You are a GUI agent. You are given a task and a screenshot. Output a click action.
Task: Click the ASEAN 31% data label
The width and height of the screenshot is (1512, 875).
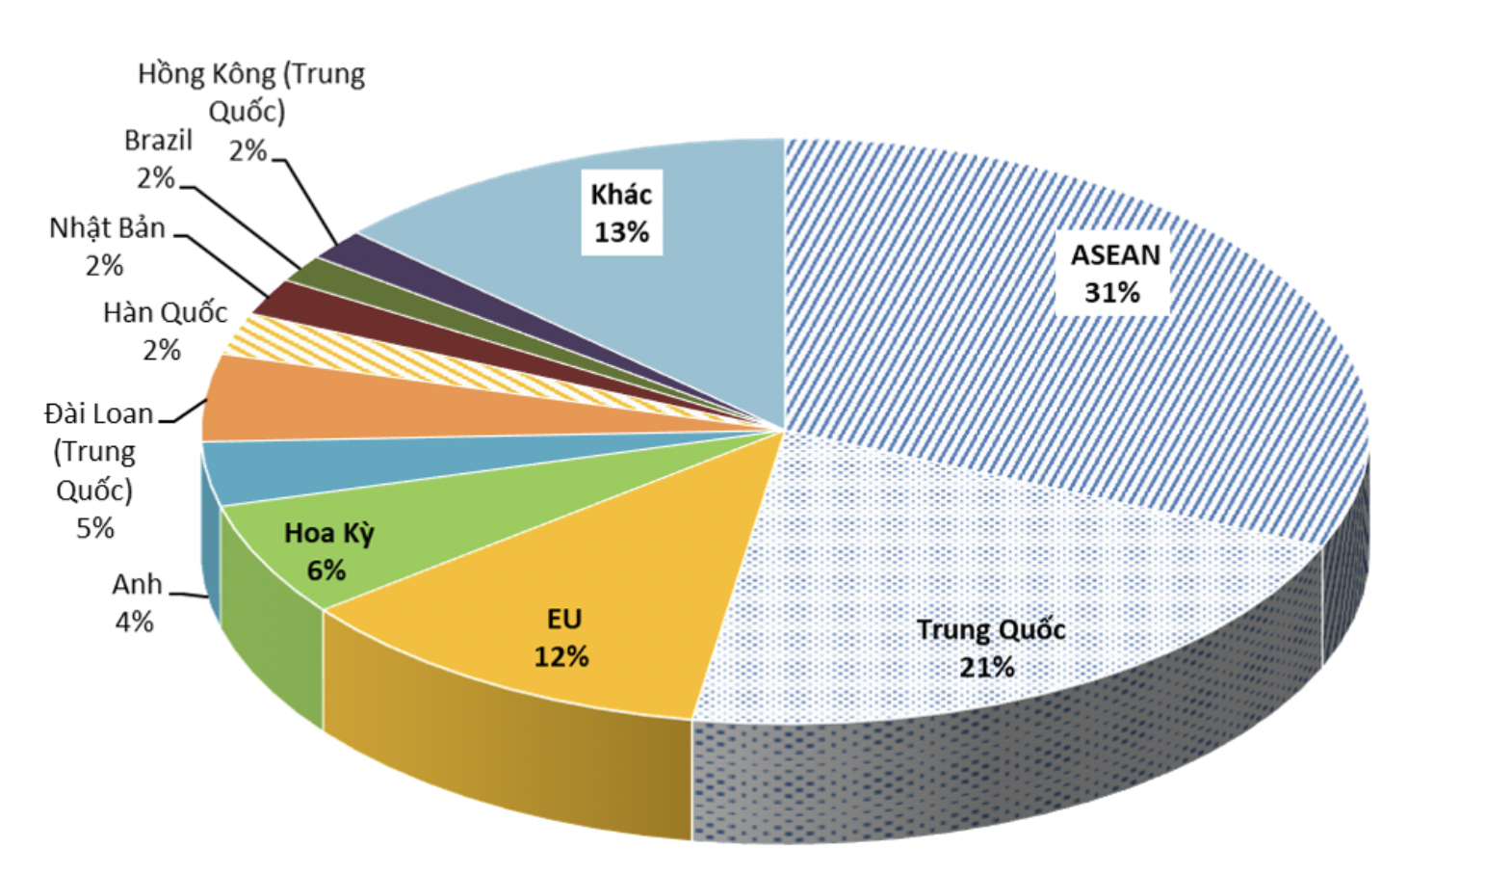[x=1114, y=274]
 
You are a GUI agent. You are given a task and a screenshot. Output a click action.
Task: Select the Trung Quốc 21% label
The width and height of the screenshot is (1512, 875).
[x=990, y=648]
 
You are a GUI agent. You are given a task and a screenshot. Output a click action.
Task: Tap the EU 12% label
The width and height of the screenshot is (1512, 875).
[x=562, y=638]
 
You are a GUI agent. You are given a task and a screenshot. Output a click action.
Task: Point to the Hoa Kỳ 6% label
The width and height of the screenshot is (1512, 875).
[x=328, y=551]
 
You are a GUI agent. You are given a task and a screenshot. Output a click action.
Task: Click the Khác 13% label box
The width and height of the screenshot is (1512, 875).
[x=621, y=213]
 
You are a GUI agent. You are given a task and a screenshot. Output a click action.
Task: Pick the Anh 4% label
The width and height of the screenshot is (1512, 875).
[x=136, y=603]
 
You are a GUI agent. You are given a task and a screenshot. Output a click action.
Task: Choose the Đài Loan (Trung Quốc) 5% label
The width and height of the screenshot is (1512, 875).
[x=95, y=470]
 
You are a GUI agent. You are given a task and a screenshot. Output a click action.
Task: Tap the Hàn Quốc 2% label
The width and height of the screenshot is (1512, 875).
[x=165, y=331]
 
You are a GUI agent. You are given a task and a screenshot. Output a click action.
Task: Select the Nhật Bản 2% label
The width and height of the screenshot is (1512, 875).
[x=107, y=246]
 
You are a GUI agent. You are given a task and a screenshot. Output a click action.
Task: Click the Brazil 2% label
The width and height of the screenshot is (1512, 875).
[x=158, y=159]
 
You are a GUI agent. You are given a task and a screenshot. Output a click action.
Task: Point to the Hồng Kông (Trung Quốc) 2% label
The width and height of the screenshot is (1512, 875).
[x=250, y=111]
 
